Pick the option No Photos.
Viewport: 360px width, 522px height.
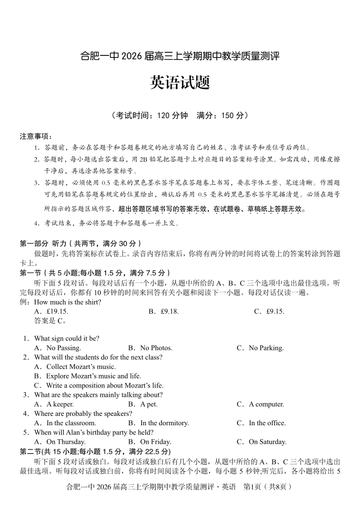[x=156, y=348]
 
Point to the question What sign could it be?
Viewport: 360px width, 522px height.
[x=66, y=339]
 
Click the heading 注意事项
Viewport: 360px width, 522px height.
[x=36, y=136]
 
